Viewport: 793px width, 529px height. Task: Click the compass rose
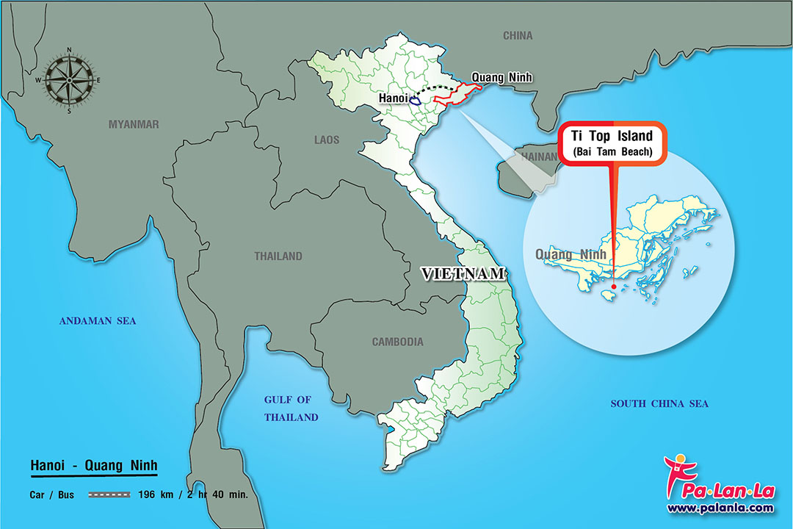point(69,80)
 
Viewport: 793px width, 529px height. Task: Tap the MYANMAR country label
point(134,124)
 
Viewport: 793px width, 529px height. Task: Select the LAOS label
point(327,139)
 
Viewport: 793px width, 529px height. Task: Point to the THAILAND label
point(278,256)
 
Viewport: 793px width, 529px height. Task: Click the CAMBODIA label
point(397,342)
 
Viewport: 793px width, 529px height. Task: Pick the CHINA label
point(518,35)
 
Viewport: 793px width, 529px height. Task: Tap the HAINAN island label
point(539,156)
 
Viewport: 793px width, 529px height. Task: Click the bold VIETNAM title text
point(463,274)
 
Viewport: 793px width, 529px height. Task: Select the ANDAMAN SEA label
point(98,320)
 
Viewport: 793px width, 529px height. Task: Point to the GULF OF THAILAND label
point(292,409)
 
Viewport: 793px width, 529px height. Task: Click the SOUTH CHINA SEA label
point(659,403)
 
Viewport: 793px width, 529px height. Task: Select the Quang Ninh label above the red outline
point(501,77)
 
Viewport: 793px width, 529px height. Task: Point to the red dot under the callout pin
point(612,287)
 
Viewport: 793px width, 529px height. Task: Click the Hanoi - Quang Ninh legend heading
point(94,465)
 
